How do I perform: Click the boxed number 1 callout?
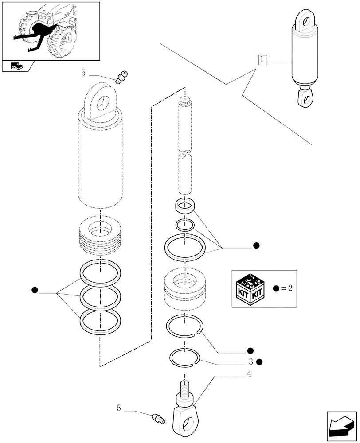tap(262, 60)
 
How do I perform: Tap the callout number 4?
tap(249, 373)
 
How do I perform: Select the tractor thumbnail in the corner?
tap(51, 31)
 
